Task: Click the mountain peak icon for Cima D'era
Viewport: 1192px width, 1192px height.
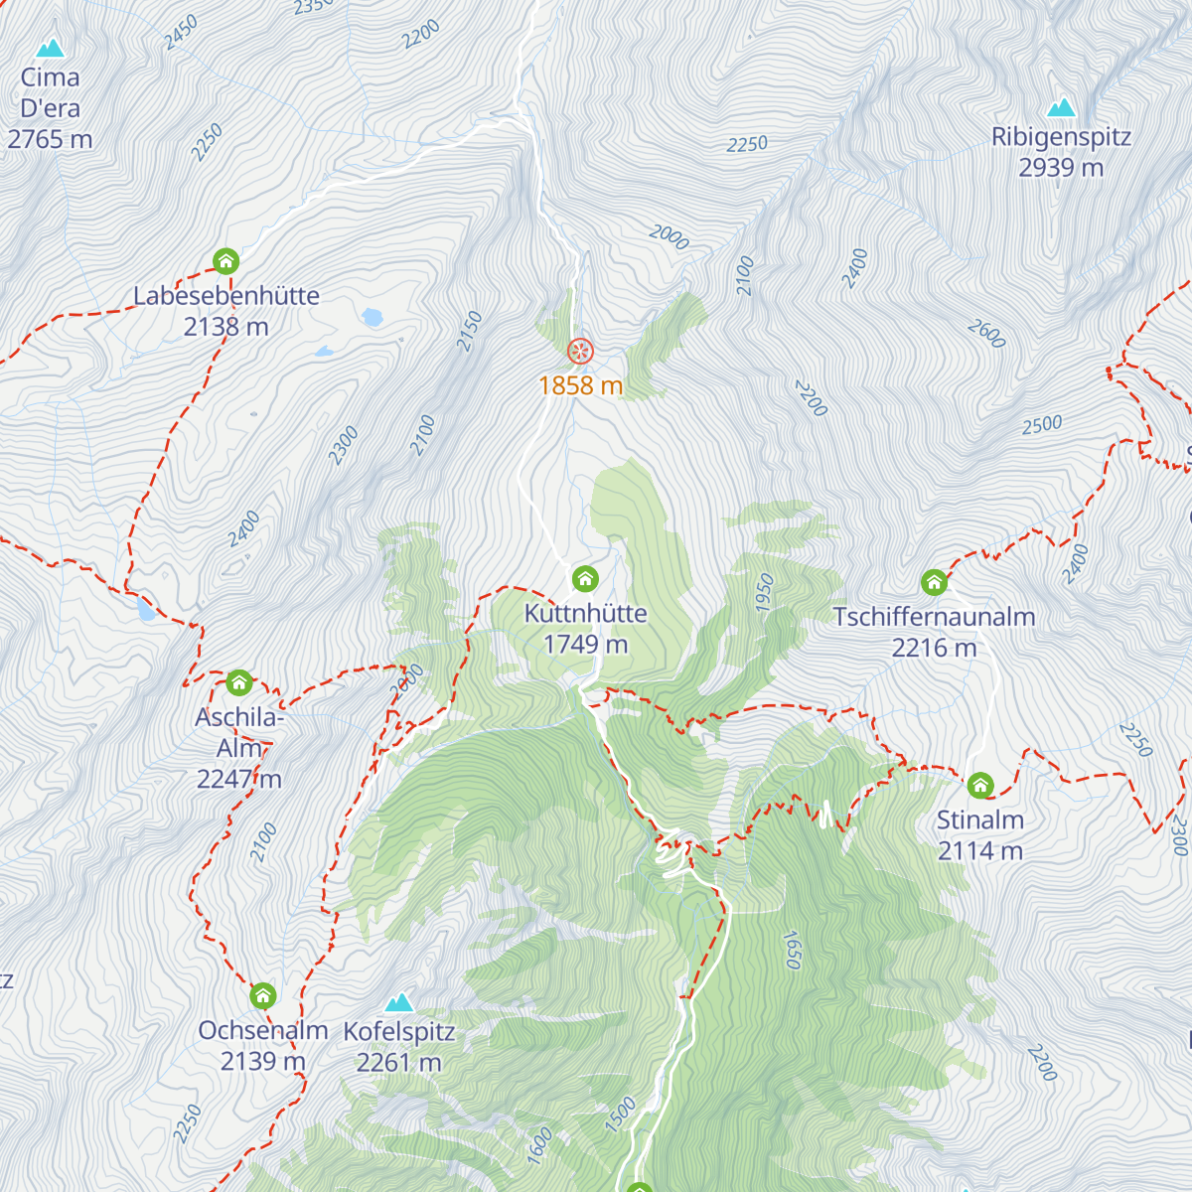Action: (x=50, y=48)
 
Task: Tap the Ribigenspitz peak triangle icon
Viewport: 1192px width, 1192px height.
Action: (x=1061, y=107)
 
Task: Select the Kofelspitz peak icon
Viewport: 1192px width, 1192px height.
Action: (x=399, y=1001)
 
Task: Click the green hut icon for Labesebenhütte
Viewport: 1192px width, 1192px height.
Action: (x=226, y=261)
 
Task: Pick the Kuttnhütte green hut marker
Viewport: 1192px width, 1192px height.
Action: (x=585, y=578)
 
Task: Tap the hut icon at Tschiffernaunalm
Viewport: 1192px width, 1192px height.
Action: (x=934, y=582)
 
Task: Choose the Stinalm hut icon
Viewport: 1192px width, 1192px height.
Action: (x=980, y=786)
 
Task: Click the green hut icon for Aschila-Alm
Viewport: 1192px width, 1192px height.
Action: (x=239, y=682)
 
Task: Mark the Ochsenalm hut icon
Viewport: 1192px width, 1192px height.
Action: (x=263, y=995)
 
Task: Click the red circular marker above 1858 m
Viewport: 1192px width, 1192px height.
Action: (x=580, y=351)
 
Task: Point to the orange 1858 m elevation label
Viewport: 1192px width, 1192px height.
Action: (x=580, y=385)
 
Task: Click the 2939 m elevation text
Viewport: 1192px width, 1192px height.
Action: (x=1061, y=168)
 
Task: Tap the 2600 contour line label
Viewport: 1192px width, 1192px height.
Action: (x=986, y=334)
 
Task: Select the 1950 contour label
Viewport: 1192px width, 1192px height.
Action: (x=765, y=593)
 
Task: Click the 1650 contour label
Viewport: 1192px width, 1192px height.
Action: (x=792, y=950)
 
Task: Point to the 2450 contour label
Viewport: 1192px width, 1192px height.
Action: (x=182, y=32)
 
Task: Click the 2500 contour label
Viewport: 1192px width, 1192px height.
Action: (x=1042, y=425)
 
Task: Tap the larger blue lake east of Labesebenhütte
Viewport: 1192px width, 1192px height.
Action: (x=372, y=318)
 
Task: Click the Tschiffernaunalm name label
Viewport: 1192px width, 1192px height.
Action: (x=934, y=617)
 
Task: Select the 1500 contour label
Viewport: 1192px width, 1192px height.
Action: (x=621, y=1115)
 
